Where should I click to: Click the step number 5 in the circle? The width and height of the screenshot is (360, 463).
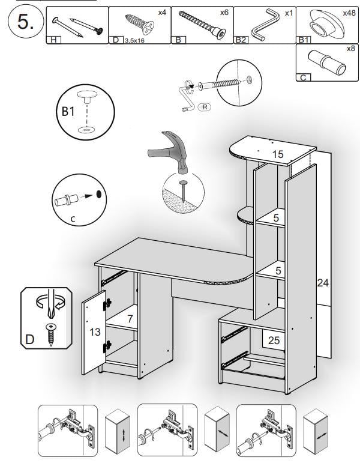[23, 23]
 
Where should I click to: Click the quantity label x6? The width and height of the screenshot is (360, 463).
[224, 12]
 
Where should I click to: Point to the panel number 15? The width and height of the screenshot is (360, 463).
[277, 154]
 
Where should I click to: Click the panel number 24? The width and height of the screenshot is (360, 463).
[323, 283]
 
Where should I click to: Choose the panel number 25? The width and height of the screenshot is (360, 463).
[274, 340]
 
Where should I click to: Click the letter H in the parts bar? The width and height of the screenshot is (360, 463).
[53, 40]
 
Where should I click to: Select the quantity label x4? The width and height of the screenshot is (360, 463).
[162, 12]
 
